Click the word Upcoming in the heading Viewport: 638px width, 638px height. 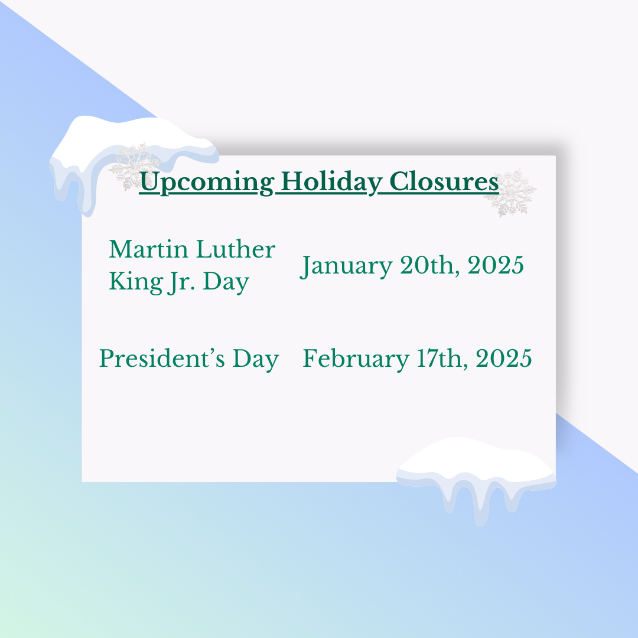[x=206, y=183]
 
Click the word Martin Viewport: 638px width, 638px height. [x=148, y=249]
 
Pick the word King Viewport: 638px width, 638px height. [x=136, y=282]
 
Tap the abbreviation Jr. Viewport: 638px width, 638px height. [x=181, y=282]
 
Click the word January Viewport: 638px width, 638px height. [x=346, y=266]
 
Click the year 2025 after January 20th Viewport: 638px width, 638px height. [x=495, y=265]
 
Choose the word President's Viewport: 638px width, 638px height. [x=162, y=359]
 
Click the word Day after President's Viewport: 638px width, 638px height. [x=256, y=359]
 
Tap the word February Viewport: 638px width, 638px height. [x=356, y=359]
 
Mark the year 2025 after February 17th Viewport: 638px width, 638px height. [x=504, y=359]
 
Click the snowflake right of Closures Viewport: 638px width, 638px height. [x=510, y=193]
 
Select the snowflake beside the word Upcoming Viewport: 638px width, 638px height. [x=134, y=166]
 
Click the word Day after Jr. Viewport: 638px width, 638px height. [x=226, y=282]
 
